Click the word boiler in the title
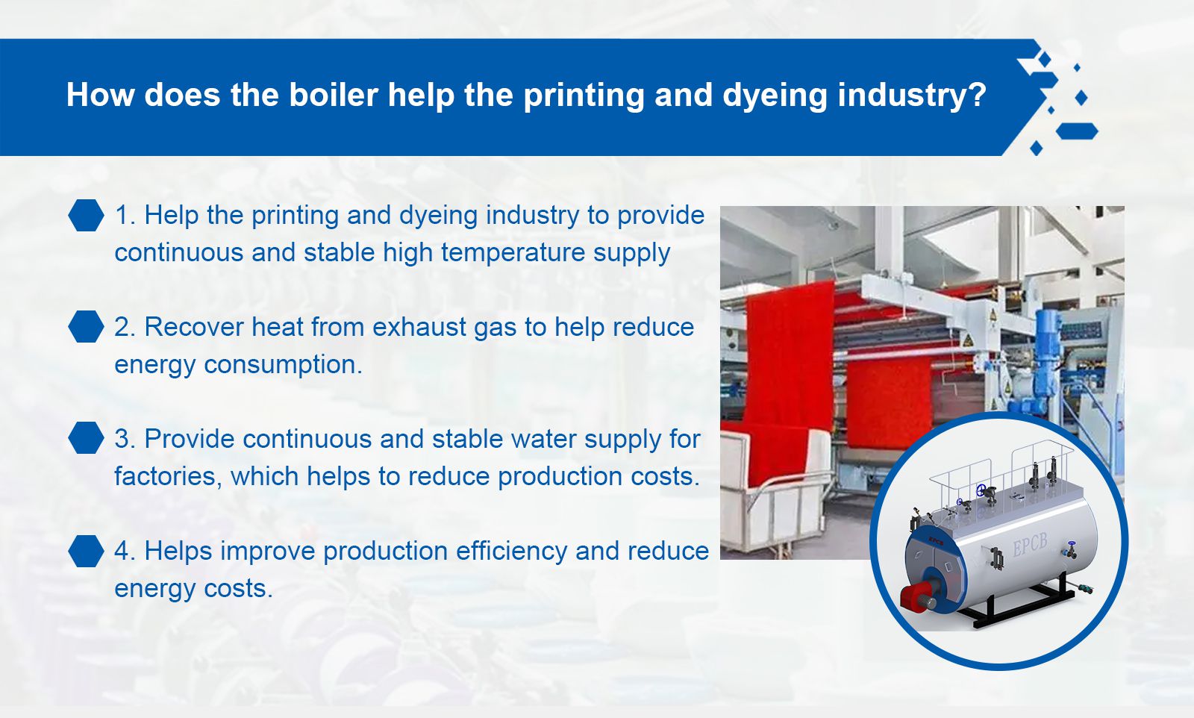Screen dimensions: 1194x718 [x=334, y=94]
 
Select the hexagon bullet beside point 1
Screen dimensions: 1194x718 [x=86, y=215]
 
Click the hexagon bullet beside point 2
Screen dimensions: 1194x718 [x=86, y=326]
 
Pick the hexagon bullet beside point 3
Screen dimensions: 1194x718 [x=86, y=437]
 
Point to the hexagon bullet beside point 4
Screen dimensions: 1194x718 [x=86, y=551]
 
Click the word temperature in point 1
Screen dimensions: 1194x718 [x=513, y=253]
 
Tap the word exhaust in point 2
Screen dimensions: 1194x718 [x=419, y=327]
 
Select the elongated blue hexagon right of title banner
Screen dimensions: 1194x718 [x=1077, y=131]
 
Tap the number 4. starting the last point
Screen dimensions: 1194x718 [x=125, y=551]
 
